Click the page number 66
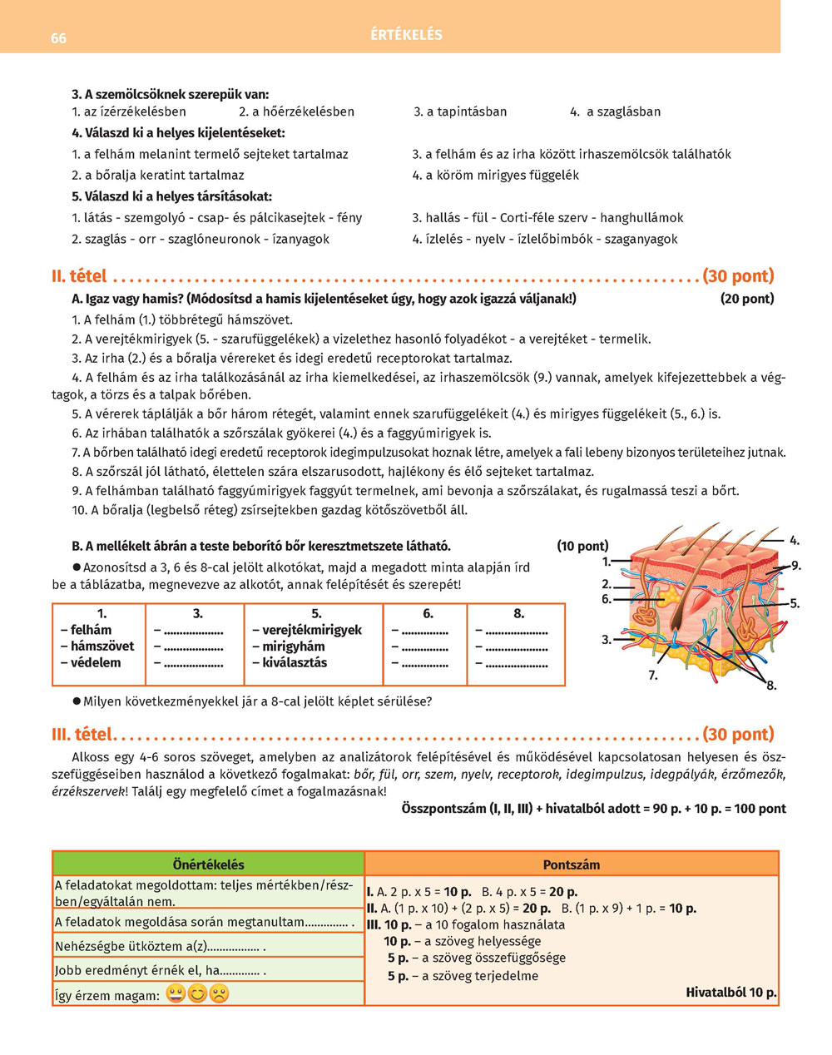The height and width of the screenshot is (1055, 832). point(58,38)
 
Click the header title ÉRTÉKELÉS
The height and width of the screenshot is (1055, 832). point(407,35)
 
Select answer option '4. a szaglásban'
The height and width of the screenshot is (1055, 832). point(615,111)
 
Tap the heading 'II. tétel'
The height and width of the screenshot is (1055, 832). point(80,275)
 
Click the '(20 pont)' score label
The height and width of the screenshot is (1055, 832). point(746,299)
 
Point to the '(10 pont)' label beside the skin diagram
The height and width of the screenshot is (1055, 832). point(582,546)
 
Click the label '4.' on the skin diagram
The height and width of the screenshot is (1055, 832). point(795,540)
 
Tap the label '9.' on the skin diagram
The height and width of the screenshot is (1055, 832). point(796,566)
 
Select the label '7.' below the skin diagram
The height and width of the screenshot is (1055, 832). point(653,676)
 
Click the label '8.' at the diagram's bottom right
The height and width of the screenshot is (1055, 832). point(771,686)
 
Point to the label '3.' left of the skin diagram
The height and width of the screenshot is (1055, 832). point(607,639)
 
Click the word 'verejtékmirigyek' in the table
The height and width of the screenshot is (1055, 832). point(312,630)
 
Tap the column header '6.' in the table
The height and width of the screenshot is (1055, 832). point(428,613)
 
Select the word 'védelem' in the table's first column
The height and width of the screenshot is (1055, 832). point(96,662)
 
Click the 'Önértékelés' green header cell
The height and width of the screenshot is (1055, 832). point(208,864)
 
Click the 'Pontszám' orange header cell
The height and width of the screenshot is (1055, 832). point(571,864)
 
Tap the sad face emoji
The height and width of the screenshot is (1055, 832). point(219,993)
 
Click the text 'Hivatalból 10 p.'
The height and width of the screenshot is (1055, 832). point(731,992)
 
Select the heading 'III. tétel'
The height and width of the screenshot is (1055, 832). point(82,734)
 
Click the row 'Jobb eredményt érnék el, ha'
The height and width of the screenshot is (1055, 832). point(158,970)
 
